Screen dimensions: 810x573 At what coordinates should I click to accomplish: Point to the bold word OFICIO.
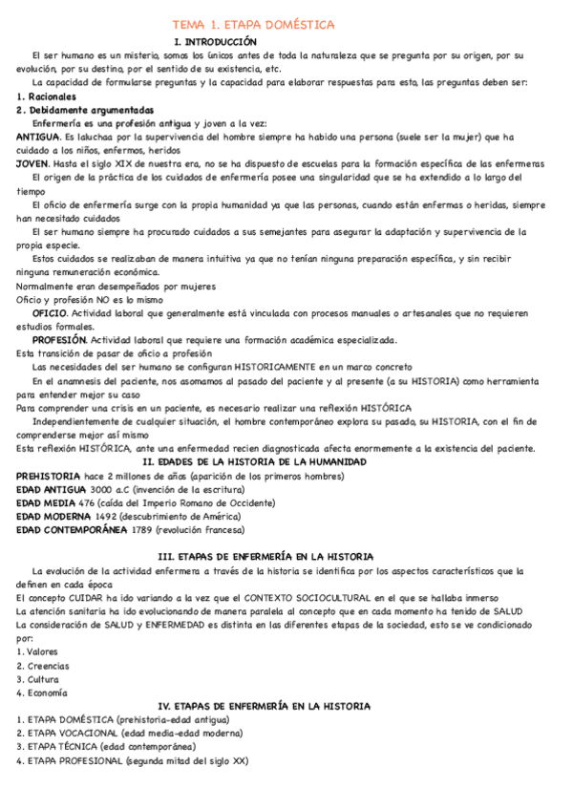tap(49, 312)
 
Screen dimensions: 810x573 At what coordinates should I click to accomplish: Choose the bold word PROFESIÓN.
tap(59, 340)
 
